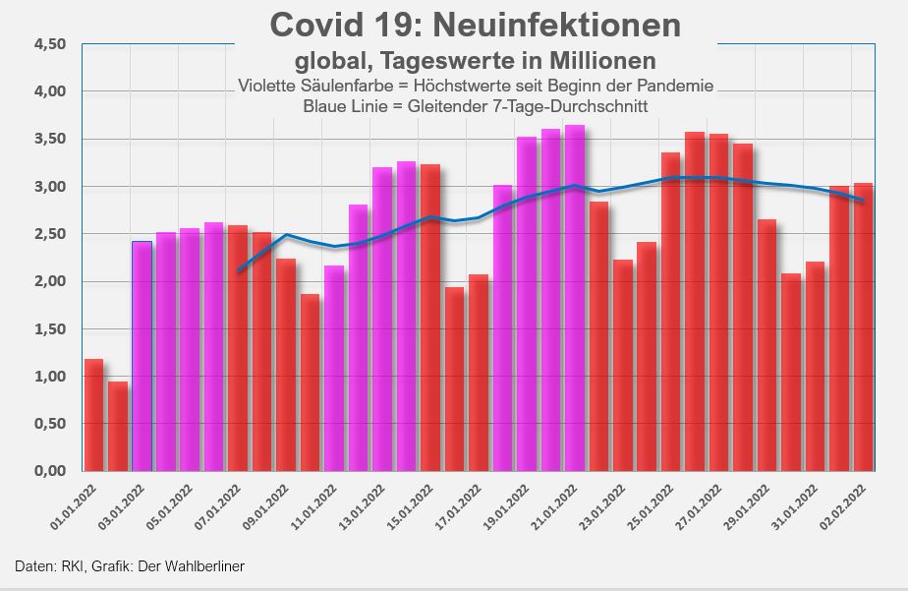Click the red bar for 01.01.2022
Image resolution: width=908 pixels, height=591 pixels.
click(93, 415)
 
